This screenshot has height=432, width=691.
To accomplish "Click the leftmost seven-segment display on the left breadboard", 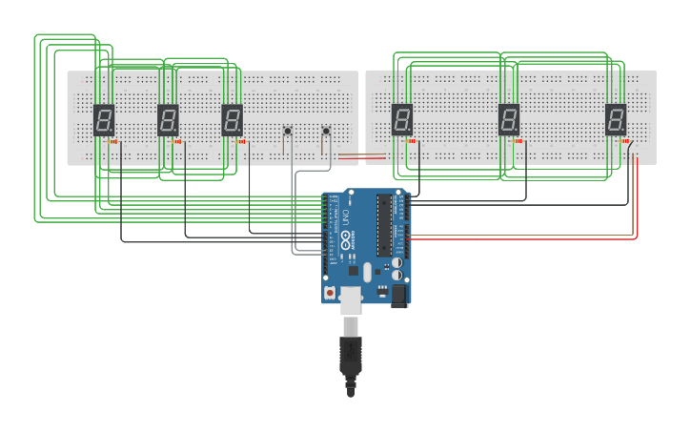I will [104, 119].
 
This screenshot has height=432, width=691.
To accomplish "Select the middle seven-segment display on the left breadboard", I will [168, 119].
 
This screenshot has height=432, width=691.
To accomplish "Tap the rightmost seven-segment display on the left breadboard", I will [232, 119].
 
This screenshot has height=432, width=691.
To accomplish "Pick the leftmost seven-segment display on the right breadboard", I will [402, 119].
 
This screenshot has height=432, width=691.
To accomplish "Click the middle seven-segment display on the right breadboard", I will [509, 119].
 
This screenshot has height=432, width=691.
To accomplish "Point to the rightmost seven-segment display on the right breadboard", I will [616, 119].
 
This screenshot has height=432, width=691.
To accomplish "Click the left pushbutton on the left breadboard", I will [287, 131].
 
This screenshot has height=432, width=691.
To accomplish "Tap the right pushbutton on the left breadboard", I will [325, 131].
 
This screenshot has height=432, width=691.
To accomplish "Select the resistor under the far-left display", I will [115, 142].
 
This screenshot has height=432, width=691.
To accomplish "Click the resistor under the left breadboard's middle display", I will [179, 142].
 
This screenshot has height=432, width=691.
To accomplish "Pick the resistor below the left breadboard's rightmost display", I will [242, 142].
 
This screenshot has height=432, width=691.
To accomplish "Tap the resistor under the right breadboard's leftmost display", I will [413, 142].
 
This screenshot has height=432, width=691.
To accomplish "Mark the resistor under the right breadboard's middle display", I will [519, 142].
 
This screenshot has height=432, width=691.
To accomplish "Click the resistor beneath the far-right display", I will [626, 142].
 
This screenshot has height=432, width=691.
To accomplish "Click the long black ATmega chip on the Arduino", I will [385, 225].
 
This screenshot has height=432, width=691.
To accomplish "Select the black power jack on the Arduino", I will [399, 297].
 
